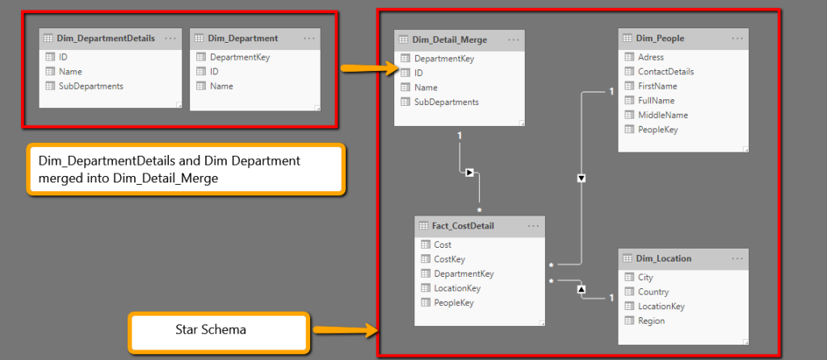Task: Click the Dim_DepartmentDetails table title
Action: (106, 38)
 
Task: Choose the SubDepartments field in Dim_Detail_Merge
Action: (446, 102)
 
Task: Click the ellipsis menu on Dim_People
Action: (737, 38)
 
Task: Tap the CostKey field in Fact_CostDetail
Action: (449, 259)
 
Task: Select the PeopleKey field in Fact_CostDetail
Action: (454, 303)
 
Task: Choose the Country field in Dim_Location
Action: (653, 292)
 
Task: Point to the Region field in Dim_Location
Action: (651, 321)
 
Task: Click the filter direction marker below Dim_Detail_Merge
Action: (468, 173)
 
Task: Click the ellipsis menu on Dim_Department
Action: (309, 38)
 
